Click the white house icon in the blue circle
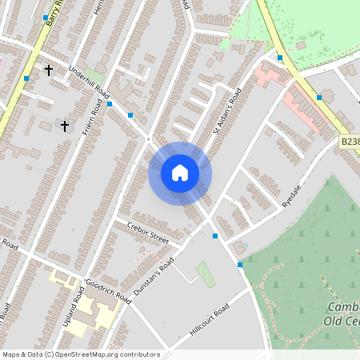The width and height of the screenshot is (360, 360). pyautogui.click(x=180, y=172)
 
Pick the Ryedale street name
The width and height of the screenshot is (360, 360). pyautogui.click(x=291, y=194)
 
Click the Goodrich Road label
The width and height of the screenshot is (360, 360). pyautogui.click(x=107, y=290)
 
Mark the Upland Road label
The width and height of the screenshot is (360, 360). pyautogui.click(x=77, y=306)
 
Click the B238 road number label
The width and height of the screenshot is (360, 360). pyautogui.click(x=350, y=141)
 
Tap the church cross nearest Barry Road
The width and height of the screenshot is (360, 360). pyautogui.click(x=48, y=70)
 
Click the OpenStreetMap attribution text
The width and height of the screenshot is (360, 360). pyautogui.click(x=81, y=354)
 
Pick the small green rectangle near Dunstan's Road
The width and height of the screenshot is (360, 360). pyautogui.click(x=206, y=273)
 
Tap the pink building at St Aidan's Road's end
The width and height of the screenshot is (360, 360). pyautogui.click(x=268, y=78)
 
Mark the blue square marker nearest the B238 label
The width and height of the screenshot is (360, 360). pyautogui.click(x=319, y=98)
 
